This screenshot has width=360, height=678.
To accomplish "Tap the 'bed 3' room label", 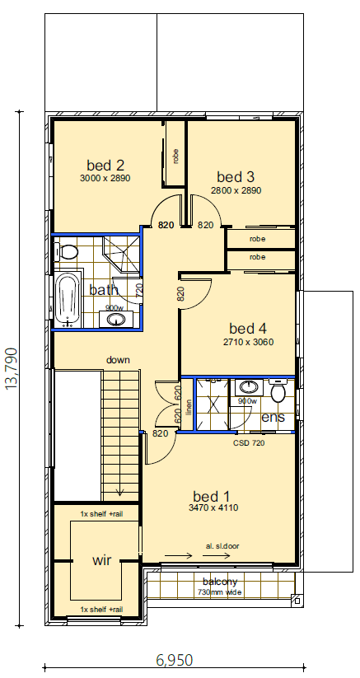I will tap(236, 176).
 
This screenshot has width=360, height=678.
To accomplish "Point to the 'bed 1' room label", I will tap(212, 496).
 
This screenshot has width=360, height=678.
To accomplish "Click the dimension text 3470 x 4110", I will tap(213, 509).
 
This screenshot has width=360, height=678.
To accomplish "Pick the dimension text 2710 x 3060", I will tap(248, 342).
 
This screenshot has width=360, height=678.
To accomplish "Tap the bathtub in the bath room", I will tap(67, 299).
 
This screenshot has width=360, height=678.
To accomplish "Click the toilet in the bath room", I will tap(68, 252).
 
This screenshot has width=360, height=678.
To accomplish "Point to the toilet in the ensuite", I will tap(278, 393).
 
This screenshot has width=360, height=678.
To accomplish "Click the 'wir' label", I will tap(102, 560).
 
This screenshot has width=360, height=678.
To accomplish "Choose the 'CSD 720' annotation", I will tap(250, 442).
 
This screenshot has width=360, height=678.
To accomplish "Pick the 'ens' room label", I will tap(273, 418).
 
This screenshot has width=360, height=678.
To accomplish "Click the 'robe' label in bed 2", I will tap(175, 155).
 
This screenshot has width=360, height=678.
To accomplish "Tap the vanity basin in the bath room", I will tap(116, 319).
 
